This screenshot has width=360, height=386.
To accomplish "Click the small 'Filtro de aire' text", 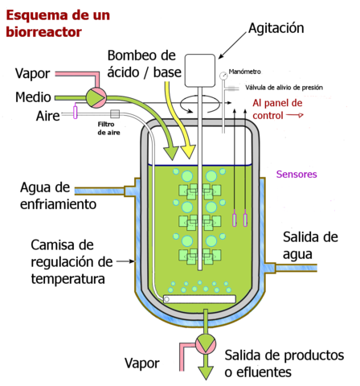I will (x=109, y=129).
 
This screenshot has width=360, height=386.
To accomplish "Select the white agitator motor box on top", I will (x=199, y=70).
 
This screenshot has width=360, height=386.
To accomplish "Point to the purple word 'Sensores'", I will (x=297, y=174).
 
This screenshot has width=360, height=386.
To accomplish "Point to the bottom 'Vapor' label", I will (x=144, y=363).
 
